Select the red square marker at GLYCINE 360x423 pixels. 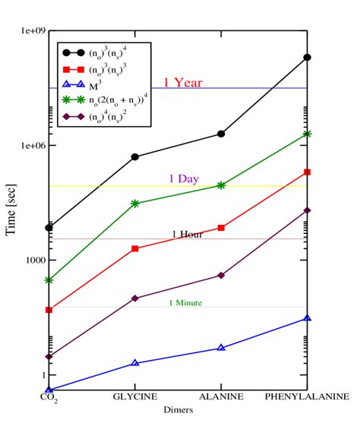135,248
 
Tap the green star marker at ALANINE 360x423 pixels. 221,185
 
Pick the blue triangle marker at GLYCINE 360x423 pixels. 135,363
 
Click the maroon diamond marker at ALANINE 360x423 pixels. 221,275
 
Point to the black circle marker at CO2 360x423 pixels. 49,227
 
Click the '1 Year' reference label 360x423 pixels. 183,82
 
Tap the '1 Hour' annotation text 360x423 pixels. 186,234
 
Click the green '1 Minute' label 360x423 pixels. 185,302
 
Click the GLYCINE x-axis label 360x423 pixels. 135,397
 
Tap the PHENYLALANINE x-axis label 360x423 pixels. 307,397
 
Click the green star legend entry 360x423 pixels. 118,99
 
